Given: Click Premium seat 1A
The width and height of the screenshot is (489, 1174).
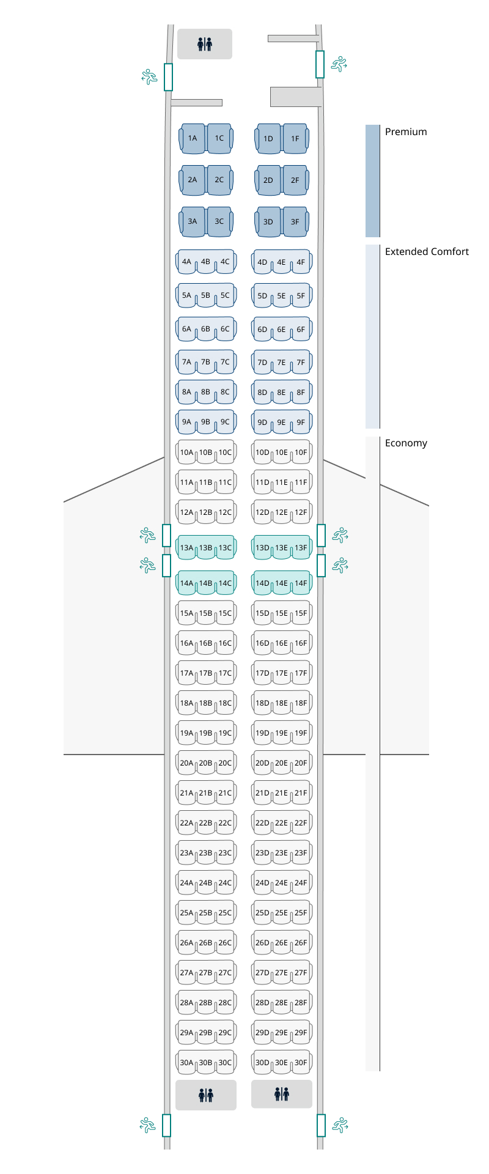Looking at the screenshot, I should (x=193, y=138).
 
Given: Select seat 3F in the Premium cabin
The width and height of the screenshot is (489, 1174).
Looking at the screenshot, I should (x=295, y=222).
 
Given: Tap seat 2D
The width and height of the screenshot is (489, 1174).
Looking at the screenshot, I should (x=268, y=180).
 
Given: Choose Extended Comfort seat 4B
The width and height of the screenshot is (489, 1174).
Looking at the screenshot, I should (x=205, y=262).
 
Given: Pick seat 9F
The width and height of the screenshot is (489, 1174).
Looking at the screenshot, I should (x=301, y=422).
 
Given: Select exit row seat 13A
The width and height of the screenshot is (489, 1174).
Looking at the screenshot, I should (x=186, y=548).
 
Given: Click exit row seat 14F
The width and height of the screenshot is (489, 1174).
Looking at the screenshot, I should (x=301, y=583).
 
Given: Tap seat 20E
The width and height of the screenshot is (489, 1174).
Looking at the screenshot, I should (x=281, y=763).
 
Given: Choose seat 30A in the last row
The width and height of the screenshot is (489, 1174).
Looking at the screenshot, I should (x=186, y=1063).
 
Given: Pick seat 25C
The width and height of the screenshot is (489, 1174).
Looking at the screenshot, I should (x=225, y=913).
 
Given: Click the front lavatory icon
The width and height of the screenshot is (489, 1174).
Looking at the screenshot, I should (x=205, y=44).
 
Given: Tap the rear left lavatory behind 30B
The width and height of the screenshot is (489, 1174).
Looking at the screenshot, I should (x=206, y=1095).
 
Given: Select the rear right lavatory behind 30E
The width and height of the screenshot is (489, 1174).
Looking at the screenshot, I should (x=282, y=1094).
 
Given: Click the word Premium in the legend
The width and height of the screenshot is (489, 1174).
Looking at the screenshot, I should (x=406, y=132).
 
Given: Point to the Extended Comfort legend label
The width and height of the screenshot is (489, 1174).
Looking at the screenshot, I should (x=427, y=252).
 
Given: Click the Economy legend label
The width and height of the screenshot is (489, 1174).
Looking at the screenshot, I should (x=406, y=443).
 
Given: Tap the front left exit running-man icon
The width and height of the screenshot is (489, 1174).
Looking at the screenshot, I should (x=149, y=76).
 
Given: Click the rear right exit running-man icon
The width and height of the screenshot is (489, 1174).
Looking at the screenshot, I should (x=339, y=1124).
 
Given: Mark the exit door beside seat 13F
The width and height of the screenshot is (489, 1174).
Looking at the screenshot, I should (x=322, y=536).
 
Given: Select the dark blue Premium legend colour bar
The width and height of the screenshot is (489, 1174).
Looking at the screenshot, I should (x=373, y=181).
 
